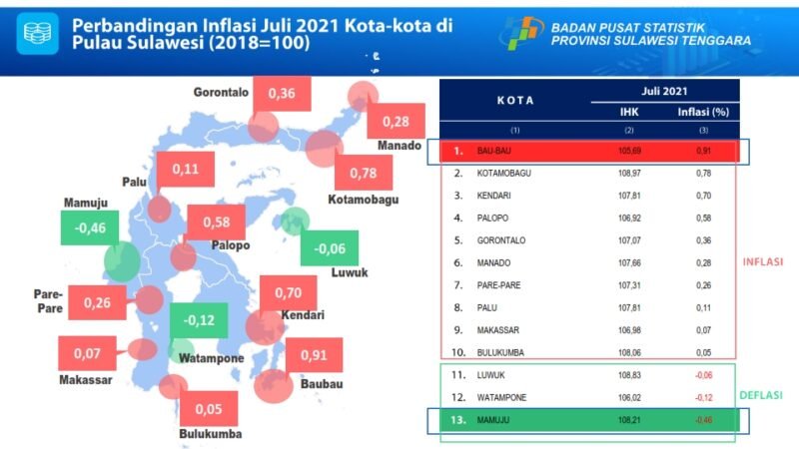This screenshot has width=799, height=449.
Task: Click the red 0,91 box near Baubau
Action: coord(314,355)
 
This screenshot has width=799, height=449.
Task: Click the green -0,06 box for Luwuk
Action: coord(330,248)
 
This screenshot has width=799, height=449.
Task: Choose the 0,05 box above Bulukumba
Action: coord(209,408)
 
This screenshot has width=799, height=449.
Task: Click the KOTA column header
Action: coord(515,101)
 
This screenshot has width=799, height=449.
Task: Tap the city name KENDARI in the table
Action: coord(497,196)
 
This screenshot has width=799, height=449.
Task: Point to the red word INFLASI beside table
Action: coord(762,262)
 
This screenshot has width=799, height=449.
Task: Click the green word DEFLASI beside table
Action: coord(762,395)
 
